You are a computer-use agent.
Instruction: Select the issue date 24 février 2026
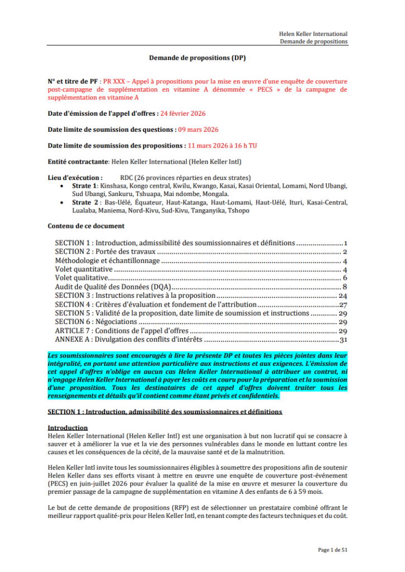click(183, 113)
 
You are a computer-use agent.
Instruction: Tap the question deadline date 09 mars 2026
click(198, 130)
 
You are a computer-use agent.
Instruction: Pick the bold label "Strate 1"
click(86, 185)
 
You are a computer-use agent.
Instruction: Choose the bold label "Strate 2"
click(86, 202)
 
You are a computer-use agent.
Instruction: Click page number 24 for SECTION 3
click(343, 295)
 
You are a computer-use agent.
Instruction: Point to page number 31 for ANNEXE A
click(344, 339)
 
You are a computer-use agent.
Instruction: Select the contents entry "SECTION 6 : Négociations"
click(96, 322)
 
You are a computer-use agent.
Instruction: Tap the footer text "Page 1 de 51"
click(333, 550)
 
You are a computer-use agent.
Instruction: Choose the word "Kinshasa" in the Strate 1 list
click(112, 185)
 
